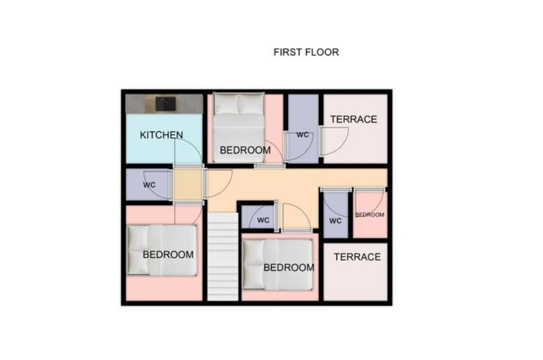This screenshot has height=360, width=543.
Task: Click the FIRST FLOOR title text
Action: pos(306,52)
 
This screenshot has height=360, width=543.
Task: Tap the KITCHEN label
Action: pos(162,135)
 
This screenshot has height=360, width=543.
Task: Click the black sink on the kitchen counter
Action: pos(165,104)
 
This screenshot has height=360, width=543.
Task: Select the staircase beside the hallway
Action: pos(223,257)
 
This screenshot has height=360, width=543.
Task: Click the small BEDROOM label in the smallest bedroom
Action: pos(369,215)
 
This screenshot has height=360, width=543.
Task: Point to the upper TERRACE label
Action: pos(354,119)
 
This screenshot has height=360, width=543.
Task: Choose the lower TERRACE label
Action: pos(358,257)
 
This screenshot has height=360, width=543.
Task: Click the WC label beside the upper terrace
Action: pos(303,135)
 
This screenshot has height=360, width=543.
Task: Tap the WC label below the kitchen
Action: pos(149,185)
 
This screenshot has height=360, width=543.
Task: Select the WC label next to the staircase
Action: pos(263,220)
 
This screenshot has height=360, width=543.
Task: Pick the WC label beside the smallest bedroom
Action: pos(336,221)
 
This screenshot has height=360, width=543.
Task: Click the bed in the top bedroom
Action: pos(238,127)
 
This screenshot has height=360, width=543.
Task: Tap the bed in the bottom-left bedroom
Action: pos(162,250)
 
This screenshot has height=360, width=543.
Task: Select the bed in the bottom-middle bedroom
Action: pos(278,264)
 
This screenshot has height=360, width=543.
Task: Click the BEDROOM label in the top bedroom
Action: pos(245,150)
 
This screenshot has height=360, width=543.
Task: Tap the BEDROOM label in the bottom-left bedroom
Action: pos(168,255)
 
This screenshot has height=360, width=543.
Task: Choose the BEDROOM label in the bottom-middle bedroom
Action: pos(289,268)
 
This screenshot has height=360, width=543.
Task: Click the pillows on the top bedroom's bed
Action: pos(239,104)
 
